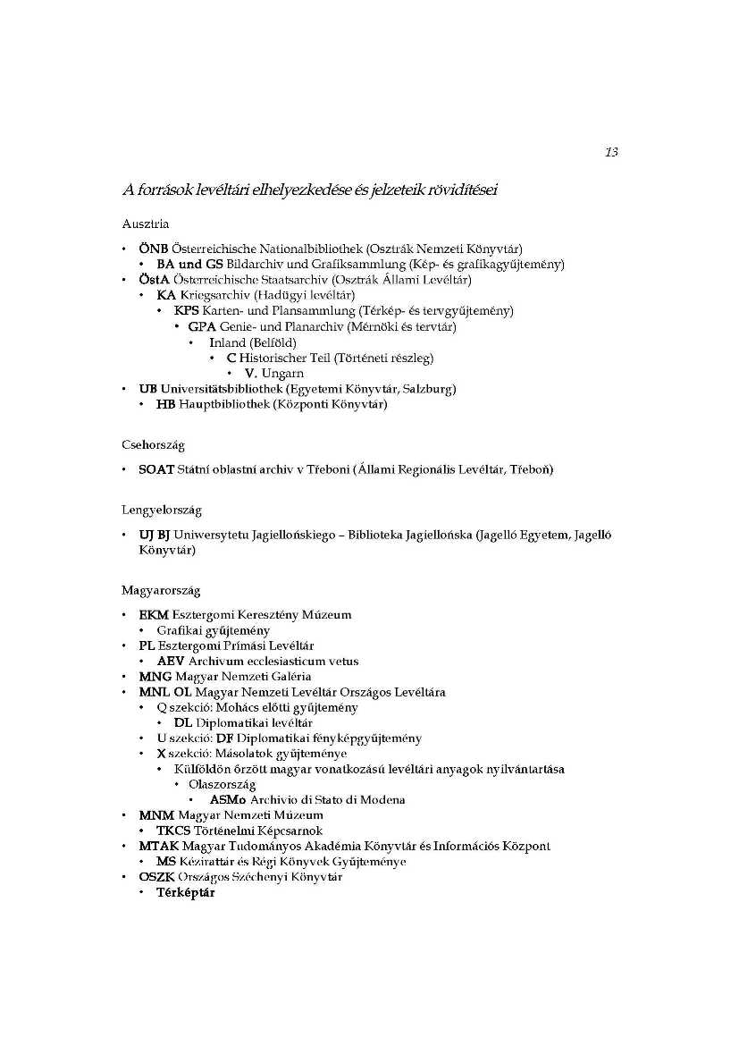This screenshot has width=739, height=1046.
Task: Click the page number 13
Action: [x=611, y=152]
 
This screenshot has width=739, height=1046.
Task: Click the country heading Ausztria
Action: [x=145, y=224]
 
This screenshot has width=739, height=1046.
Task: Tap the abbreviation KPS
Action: [x=187, y=311]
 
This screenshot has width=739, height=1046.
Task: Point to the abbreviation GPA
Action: [x=202, y=326]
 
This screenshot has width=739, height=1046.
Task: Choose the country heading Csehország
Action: [x=153, y=444]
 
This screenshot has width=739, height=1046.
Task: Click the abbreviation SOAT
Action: [x=156, y=469]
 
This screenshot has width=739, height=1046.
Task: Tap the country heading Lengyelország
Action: [x=162, y=510]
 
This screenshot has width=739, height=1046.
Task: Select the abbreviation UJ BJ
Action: [x=155, y=535]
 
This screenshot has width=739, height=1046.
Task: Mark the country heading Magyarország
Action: [x=161, y=590]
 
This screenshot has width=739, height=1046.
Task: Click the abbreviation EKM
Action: [x=154, y=614]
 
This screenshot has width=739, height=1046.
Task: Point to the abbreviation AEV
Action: [x=171, y=661]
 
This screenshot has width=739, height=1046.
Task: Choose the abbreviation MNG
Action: [x=155, y=676]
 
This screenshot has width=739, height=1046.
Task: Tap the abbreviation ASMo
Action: [x=228, y=799]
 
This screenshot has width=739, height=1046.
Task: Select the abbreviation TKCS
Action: [x=174, y=831]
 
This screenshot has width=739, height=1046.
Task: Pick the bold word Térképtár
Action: [x=186, y=892]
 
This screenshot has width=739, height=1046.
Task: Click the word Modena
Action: [x=383, y=799]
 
